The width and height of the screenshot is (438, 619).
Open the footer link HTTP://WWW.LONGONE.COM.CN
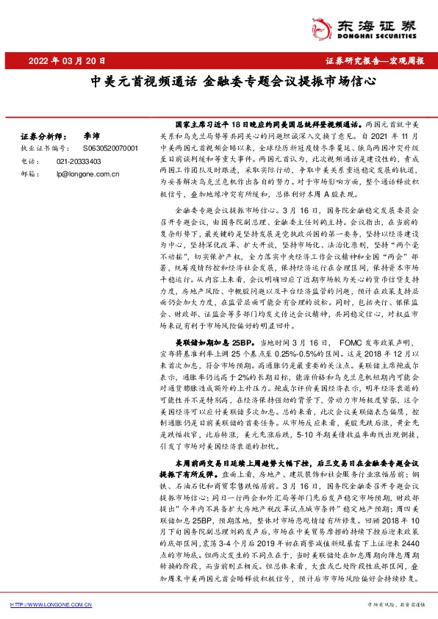tap(50, 605)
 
